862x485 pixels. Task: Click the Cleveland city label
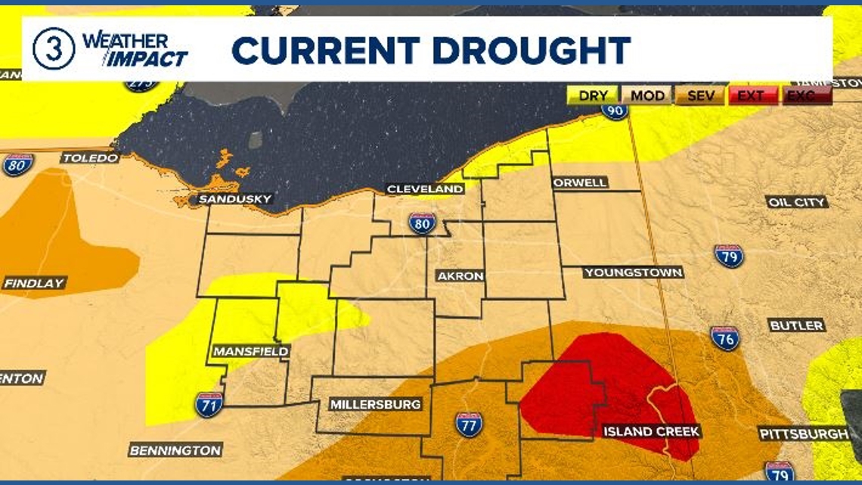point(425,189)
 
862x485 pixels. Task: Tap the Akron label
point(460,276)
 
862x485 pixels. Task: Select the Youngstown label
point(633,272)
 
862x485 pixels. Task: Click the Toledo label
point(90,158)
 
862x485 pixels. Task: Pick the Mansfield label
point(250,352)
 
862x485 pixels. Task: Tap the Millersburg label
point(375,405)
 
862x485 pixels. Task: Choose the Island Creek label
point(652,431)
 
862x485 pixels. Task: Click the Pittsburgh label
point(805,434)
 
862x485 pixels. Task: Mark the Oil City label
point(797,202)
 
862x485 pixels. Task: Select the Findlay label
point(35,283)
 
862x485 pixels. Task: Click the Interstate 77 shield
point(469,424)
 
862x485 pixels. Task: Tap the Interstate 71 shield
point(208,405)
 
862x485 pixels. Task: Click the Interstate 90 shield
point(614,110)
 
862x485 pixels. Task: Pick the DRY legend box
point(593,95)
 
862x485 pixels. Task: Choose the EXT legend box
point(752,95)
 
